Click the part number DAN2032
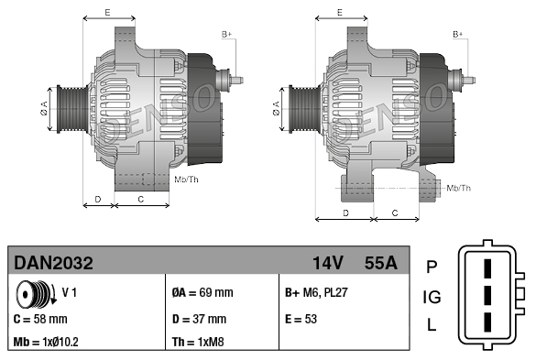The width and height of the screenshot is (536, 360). click(x=53, y=263)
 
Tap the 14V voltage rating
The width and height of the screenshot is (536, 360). click(x=327, y=263)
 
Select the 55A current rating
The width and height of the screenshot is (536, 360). click(x=381, y=263)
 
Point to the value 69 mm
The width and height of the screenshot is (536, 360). click(x=216, y=292)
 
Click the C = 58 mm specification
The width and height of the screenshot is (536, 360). click(x=40, y=320)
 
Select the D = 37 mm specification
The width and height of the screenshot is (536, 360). click(x=200, y=320)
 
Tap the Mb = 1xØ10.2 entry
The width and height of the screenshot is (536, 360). click(x=46, y=342)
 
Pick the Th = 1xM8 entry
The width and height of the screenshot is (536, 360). click(x=198, y=342)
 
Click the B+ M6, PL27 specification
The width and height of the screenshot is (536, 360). click(x=316, y=292)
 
